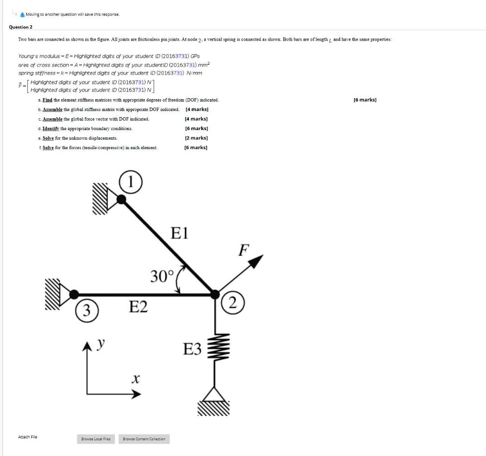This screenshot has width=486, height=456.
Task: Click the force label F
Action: [x=244, y=249]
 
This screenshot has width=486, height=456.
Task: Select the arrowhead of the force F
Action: [x=257, y=260]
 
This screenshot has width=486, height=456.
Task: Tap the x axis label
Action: [x=135, y=380]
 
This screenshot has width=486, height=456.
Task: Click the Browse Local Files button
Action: [x=96, y=439]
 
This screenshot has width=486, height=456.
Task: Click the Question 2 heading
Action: [x=21, y=27]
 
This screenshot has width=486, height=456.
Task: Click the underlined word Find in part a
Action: [x=47, y=100]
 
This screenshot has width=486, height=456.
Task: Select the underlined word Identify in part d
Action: [x=51, y=129]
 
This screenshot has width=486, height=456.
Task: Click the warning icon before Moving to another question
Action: [x=22, y=14]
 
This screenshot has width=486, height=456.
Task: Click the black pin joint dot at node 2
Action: [x=215, y=294]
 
